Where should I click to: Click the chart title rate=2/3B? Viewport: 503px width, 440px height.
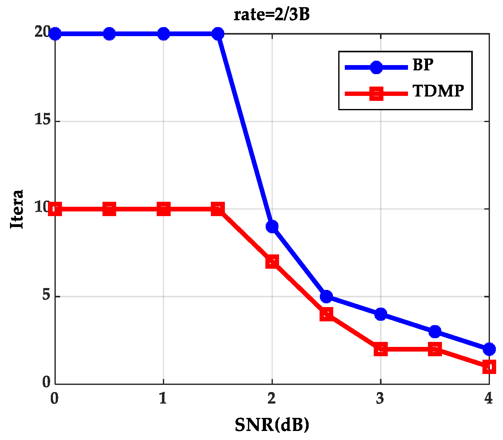pyautogui.click(x=272, y=15)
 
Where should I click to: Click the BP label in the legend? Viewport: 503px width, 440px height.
pyautogui.click(x=423, y=65)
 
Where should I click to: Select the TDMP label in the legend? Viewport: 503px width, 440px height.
pyautogui.click(x=438, y=91)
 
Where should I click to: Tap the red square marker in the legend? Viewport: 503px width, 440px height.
pyautogui.click(x=376, y=93)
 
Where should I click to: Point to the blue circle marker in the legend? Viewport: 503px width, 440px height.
pyautogui.click(x=376, y=67)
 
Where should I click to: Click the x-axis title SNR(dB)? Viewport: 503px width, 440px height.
pyautogui.click(x=272, y=425)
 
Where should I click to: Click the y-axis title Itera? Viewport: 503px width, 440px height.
pyautogui.click(x=17, y=209)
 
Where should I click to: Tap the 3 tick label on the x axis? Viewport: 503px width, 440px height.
pyautogui.click(x=380, y=398)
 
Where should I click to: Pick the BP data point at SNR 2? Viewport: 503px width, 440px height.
pyautogui.click(x=272, y=226)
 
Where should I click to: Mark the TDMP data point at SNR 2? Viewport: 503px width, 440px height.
pyautogui.click(x=272, y=262)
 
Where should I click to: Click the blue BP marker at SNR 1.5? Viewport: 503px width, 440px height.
pyautogui.click(x=218, y=34)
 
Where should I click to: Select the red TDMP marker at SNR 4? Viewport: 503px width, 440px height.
pyautogui.click(x=489, y=367)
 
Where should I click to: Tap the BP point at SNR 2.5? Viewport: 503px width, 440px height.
pyautogui.click(x=326, y=296)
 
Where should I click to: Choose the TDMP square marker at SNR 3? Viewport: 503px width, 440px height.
pyautogui.click(x=381, y=349)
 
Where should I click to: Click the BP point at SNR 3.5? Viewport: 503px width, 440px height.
pyautogui.click(x=435, y=332)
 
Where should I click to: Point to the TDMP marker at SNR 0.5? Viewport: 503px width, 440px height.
pyautogui.click(x=109, y=209)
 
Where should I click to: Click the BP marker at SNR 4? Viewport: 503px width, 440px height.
pyautogui.click(x=489, y=349)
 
